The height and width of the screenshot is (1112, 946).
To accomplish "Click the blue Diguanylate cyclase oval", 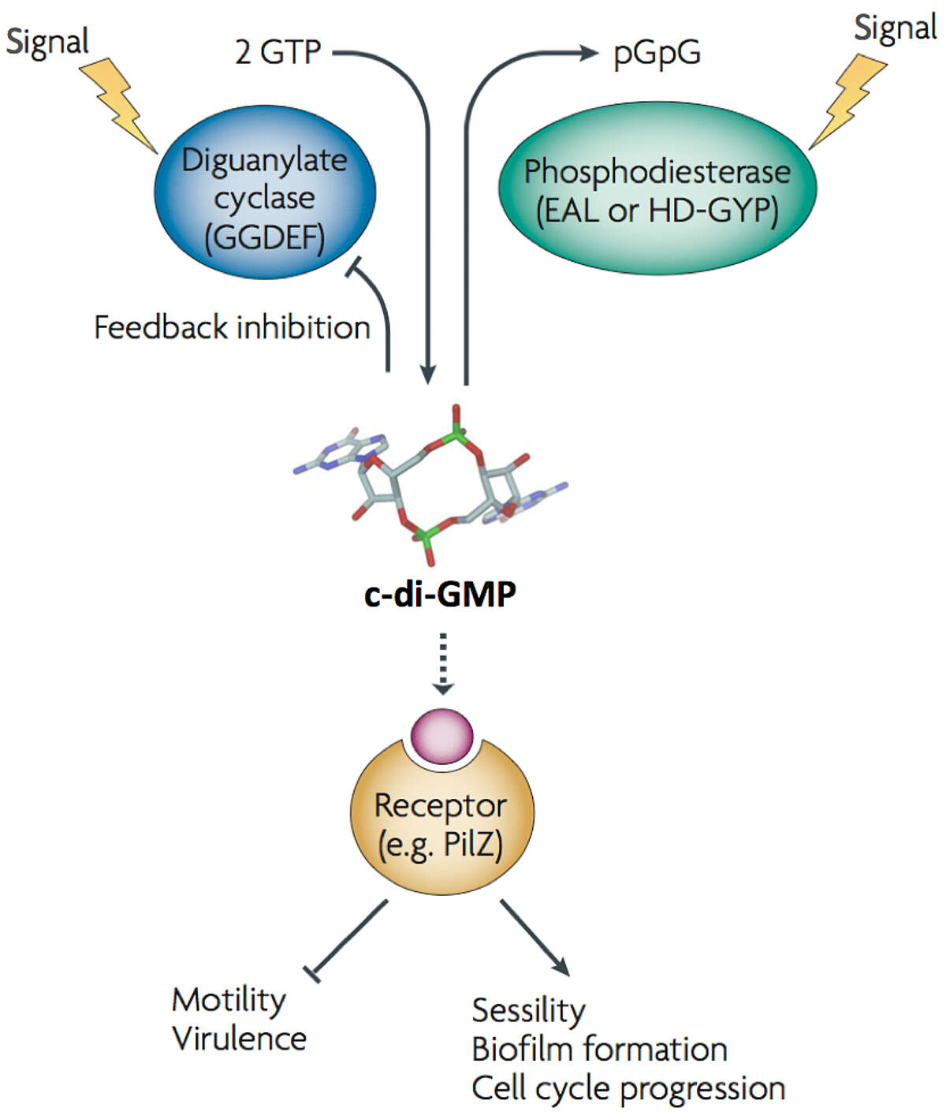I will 265,193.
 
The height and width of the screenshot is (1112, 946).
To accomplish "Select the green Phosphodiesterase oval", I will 657,189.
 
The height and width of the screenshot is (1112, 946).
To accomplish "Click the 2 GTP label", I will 277,52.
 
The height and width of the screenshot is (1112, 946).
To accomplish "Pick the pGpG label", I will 657,53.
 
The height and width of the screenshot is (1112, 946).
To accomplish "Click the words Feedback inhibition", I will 232,327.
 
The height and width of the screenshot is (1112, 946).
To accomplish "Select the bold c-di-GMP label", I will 440,593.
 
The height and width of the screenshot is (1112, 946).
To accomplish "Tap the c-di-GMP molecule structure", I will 430,485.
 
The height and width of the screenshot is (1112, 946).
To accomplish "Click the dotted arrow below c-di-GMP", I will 443,663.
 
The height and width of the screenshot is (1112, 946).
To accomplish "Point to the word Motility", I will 229,1000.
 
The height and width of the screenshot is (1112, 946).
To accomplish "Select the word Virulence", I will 239,1039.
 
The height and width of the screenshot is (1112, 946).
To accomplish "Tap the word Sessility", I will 528,1010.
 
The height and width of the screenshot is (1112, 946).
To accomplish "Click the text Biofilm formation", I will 599,1050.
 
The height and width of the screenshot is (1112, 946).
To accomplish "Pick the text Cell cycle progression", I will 628,1088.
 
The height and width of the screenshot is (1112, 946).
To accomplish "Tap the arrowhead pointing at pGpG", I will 589,53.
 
